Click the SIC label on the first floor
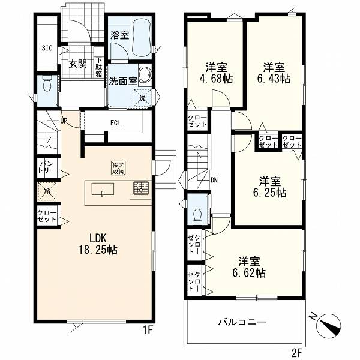[47, 48]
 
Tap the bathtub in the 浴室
[141, 36]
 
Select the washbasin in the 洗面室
[145, 74]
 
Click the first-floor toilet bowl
[47, 84]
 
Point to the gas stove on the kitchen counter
[141, 188]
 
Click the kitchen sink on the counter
[103, 189]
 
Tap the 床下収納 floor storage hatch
[118, 168]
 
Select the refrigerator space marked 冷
[47, 191]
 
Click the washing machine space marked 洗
[143, 98]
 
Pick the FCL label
[115, 123]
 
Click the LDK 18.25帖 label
[98, 244]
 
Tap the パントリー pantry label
[47, 167]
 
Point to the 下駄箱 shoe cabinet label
[99, 67]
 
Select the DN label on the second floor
[214, 180]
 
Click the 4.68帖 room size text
[216, 79]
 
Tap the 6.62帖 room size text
[249, 273]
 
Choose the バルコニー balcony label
[242, 322]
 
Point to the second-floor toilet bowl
[197, 216]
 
